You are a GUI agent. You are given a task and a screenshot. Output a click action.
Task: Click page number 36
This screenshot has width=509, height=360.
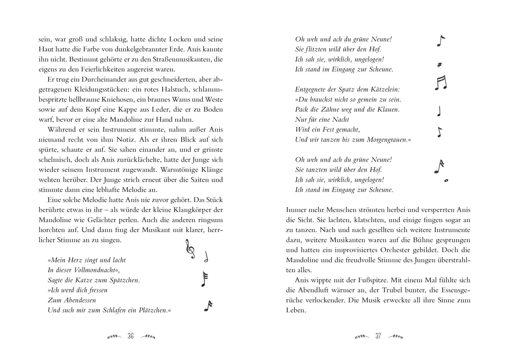[130, 336]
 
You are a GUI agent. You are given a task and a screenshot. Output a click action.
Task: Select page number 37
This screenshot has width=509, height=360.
[378, 336]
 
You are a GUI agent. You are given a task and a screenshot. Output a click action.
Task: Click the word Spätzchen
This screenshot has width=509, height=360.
[123, 280]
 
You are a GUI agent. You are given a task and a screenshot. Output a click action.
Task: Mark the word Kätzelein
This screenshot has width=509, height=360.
[382, 89]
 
